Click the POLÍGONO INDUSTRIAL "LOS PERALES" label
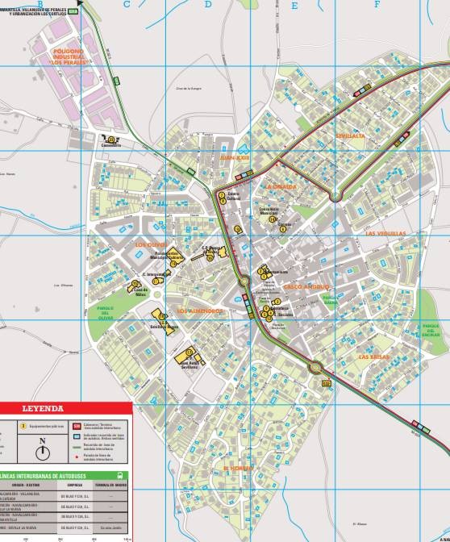[x=66, y=55]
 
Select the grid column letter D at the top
[x=208, y=4]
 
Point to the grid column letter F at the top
[x=377, y=4]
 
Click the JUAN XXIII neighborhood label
[x=235, y=159]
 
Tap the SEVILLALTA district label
[x=351, y=136]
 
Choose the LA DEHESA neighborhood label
[x=282, y=186]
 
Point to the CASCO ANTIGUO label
[x=306, y=286]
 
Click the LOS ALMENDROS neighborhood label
[x=199, y=311]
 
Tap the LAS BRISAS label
[x=374, y=356]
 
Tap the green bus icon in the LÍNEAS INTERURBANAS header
[x=120, y=476]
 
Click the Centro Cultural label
[x=234, y=196]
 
